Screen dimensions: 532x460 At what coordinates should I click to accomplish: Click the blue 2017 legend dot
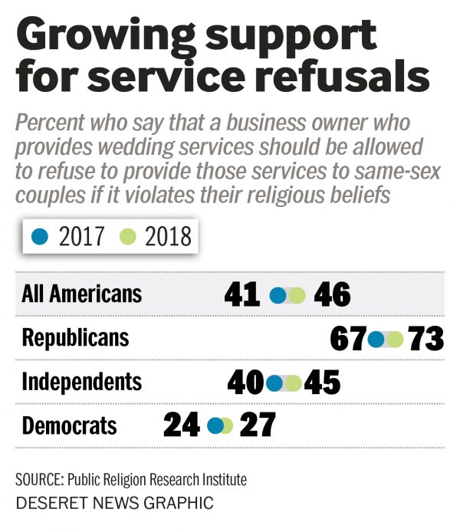point(41,237)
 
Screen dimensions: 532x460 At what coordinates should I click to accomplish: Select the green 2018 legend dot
point(128,237)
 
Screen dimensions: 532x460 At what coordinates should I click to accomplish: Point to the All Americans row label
point(82,294)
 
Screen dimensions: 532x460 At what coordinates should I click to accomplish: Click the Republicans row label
point(76,337)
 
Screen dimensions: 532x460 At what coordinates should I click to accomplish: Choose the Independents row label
point(82,381)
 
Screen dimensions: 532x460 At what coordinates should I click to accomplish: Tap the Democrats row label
point(70,425)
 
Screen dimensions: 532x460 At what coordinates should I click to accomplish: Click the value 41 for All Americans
point(242,294)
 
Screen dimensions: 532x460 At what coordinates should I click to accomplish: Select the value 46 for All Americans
point(332,294)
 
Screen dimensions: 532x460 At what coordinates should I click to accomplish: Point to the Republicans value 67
point(349,338)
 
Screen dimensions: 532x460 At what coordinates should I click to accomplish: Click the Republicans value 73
point(426,338)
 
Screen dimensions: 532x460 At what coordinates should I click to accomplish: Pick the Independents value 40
point(246,382)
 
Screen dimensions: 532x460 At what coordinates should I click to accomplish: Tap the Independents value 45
point(322,382)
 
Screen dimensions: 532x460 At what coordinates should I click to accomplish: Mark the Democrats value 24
point(182,426)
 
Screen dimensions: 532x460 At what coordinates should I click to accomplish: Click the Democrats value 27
point(257,426)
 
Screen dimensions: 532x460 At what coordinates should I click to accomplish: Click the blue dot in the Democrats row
point(215,425)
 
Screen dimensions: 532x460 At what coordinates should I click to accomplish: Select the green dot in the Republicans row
point(395,338)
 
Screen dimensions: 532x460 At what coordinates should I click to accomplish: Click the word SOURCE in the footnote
point(38,480)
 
